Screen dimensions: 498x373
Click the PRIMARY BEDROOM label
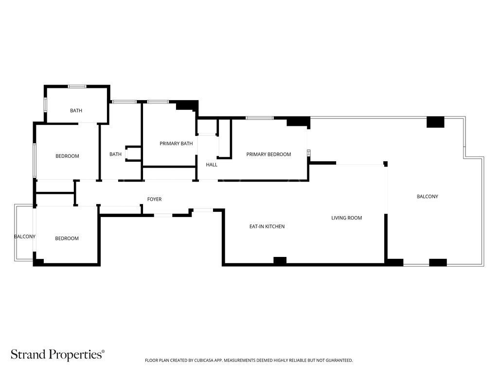pos(268,154)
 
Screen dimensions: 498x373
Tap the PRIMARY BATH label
pos(176,144)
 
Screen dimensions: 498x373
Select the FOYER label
pos(154,199)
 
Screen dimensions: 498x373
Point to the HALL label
pos(212,165)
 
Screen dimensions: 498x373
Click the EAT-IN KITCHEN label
pos(267,226)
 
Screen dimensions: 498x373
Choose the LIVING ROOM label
pos(346,218)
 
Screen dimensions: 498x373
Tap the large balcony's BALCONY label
pos(427,197)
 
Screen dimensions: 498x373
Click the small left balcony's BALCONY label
pos(25,237)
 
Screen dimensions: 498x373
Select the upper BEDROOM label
pos(67,156)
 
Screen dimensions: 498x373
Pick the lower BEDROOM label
pos(67,238)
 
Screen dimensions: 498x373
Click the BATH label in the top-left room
pos(76,111)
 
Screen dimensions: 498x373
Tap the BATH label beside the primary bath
pos(115,154)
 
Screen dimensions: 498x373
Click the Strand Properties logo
pos(57,354)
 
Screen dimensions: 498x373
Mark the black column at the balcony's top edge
pos(435,122)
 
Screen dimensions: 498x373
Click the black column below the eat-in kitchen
pos(280,261)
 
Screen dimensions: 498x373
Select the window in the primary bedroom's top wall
pos(260,118)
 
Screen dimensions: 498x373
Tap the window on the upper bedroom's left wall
pos(35,160)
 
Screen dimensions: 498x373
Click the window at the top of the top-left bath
pos(77,86)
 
